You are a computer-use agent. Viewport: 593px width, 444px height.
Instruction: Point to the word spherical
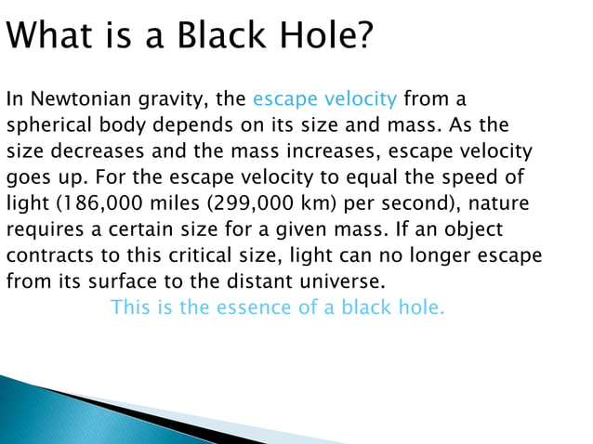(48, 124)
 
